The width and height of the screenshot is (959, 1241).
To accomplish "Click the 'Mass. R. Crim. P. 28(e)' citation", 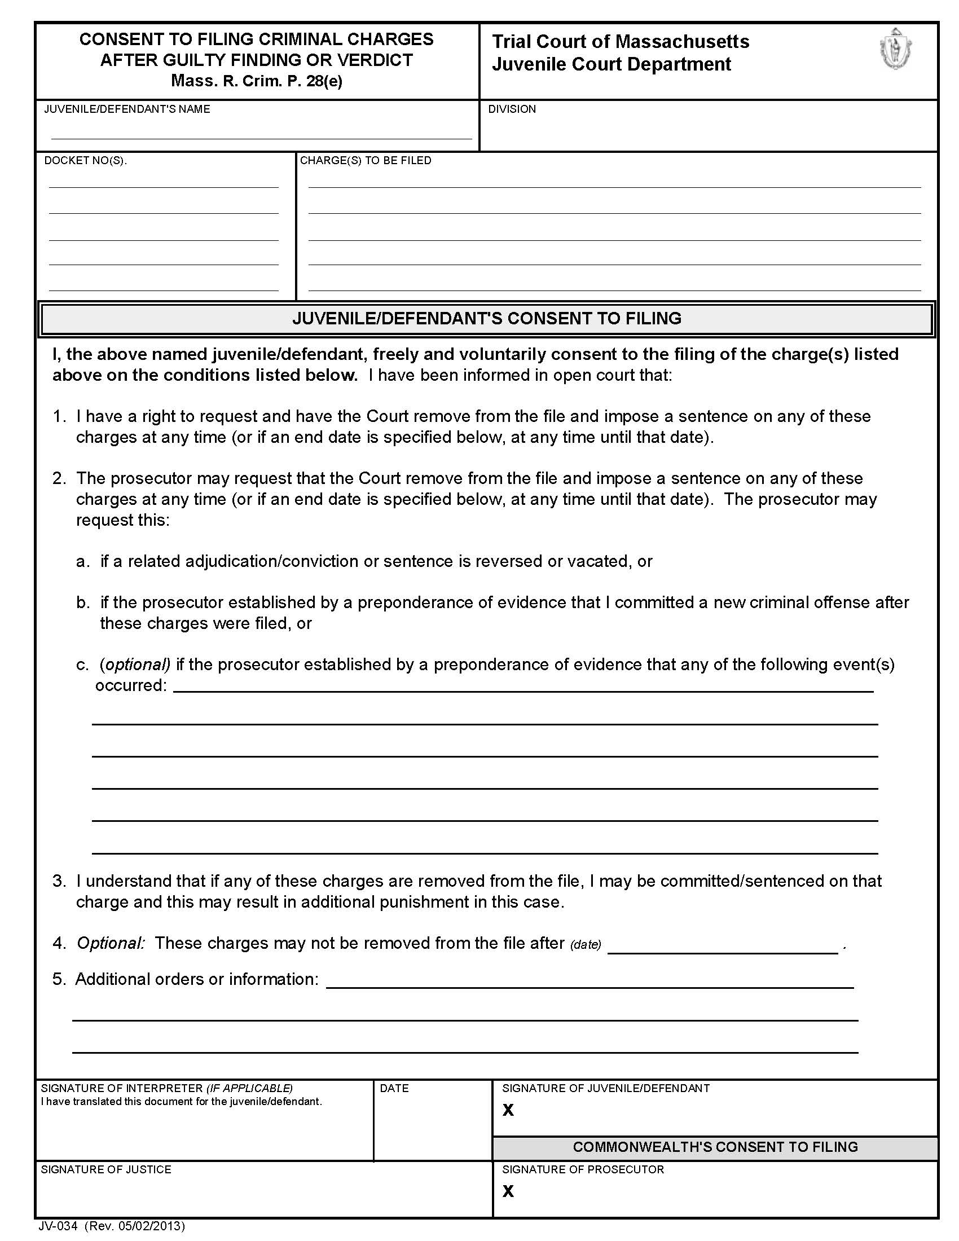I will (x=256, y=81).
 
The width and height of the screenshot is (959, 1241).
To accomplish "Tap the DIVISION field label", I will (x=511, y=109).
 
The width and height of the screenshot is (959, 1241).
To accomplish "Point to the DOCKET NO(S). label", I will (x=85, y=161).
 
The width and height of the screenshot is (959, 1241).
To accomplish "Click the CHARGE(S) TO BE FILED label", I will (x=366, y=161).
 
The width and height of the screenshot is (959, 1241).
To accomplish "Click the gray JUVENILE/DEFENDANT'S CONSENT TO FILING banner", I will (x=486, y=318).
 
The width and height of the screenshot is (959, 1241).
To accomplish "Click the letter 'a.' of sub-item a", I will (x=82, y=561).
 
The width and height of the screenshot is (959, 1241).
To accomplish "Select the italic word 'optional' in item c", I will (x=135, y=664).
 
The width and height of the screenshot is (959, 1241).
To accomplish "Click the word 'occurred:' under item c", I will (x=131, y=685).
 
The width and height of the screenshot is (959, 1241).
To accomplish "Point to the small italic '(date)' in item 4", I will (x=585, y=944).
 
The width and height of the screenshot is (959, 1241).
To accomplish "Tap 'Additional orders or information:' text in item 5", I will (x=196, y=979).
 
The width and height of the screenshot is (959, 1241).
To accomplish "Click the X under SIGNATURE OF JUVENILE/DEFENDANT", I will (x=508, y=1110).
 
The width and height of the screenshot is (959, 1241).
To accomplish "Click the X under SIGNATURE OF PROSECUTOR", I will (x=508, y=1191).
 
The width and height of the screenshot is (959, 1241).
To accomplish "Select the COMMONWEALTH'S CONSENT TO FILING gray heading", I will (x=715, y=1147).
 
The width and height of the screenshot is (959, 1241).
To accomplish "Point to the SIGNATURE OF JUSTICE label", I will (x=105, y=1169).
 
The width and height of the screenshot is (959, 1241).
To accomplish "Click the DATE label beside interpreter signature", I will (x=394, y=1088).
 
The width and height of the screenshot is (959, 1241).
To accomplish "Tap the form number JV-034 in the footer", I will (x=58, y=1226).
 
